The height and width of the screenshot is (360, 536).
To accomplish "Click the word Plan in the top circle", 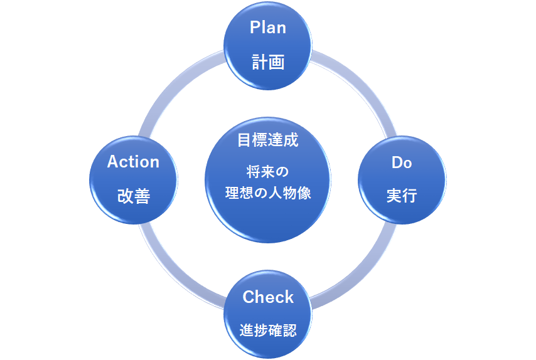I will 268,28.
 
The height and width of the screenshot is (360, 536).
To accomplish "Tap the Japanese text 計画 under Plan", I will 268,62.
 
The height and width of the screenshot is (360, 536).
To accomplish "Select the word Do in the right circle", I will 402,162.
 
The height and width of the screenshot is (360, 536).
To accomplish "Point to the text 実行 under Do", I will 402,196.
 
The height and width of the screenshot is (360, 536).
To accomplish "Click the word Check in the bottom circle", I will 268,297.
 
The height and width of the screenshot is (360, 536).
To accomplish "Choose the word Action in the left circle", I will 133,162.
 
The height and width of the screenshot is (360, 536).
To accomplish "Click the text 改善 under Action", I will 133,196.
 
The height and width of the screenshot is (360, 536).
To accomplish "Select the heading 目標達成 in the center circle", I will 268,140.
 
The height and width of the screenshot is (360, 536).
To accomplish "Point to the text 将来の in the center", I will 268,171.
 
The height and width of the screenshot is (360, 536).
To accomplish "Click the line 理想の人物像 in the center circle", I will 268,193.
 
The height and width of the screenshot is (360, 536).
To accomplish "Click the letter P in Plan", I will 255,28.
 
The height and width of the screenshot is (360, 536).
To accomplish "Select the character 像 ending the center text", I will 304,193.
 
